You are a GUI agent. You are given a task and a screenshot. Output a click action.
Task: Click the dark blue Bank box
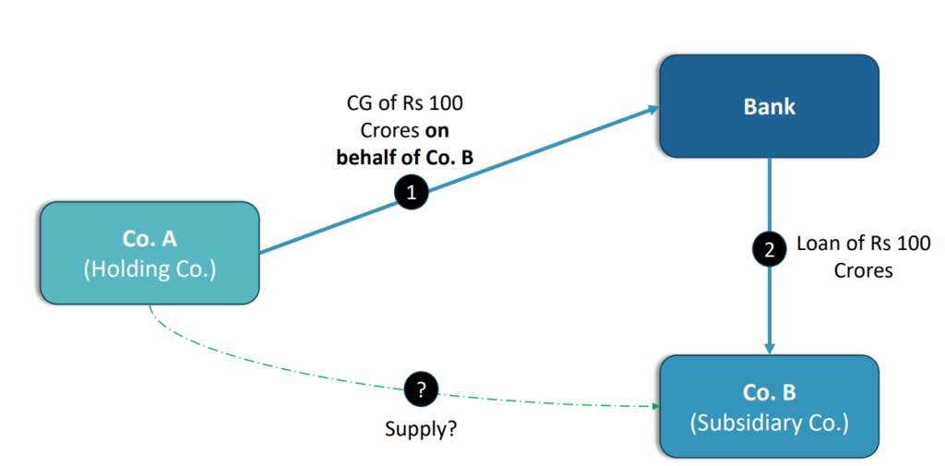click(x=768, y=105)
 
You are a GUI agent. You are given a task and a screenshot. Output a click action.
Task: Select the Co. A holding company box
click(x=149, y=253)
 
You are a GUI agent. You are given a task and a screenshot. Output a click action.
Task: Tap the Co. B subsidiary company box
click(x=769, y=407)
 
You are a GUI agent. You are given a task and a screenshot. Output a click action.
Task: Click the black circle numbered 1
click(x=412, y=193)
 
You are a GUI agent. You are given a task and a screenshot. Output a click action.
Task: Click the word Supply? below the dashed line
click(x=421, y=429)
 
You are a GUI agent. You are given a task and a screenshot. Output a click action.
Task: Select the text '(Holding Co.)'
click(x=149, y=270)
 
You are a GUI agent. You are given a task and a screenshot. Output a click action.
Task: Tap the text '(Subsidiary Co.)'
click(x=769, y=424)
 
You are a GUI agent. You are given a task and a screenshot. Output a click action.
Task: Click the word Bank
click(x=769, y=107)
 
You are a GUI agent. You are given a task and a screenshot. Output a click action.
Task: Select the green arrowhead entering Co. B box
click(x=655, y=406)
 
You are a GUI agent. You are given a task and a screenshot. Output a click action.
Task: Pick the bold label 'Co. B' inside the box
click(x=769, y=392)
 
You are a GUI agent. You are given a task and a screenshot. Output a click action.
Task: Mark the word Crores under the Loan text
click(x=863, y=271)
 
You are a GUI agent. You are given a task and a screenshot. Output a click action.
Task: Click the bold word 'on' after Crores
click(x=437, y=130)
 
